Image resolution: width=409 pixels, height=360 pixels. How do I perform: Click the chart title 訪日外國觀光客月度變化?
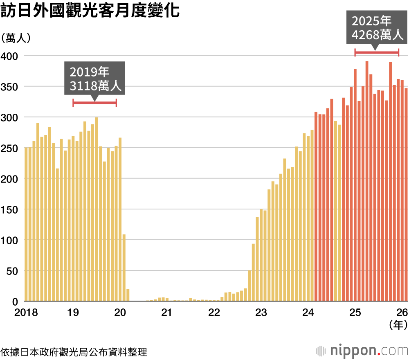point(90,11)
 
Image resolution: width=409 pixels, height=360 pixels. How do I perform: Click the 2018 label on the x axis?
point(26,313)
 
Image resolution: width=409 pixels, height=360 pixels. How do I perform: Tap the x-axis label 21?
point(166,313)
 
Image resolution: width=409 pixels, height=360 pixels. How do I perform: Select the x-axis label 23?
point(261,313)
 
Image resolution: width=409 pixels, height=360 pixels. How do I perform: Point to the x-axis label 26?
point(402,313)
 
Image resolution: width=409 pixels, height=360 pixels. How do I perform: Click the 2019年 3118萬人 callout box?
point(94,79)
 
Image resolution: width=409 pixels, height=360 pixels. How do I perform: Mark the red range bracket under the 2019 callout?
point(94,103)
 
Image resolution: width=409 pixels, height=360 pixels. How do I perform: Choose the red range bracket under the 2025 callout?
point(377,52)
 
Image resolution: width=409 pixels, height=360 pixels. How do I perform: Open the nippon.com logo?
point(362,351)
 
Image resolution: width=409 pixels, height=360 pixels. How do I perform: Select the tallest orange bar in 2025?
point(367,181)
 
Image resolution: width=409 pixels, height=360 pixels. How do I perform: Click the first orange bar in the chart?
point(316,206)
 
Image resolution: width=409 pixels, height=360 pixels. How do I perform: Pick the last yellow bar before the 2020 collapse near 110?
point(124,268)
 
